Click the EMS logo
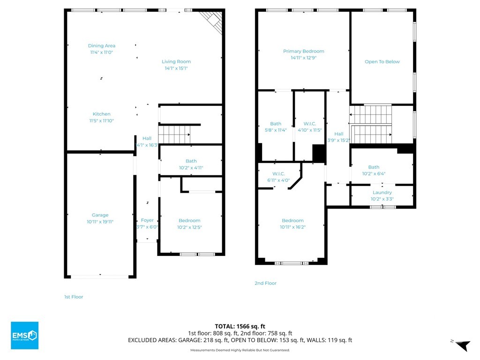coord(24,335)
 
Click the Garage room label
coord(100,215)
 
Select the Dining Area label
coord(102,45)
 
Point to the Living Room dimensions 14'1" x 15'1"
coord(176,68)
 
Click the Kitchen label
coord(102,114)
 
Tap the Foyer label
coord(147,220)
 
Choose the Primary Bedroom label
coord(304,51)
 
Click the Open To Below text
coord(382,61)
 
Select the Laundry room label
coord(382,192)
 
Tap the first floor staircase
coord(174,135)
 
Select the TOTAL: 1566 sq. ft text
coord(240,326)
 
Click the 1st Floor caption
coord(74,297)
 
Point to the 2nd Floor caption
coord(265,283)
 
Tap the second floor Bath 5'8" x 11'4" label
coord(276,127)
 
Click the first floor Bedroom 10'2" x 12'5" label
coord(189,224)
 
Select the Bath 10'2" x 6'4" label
coord(374,170)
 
